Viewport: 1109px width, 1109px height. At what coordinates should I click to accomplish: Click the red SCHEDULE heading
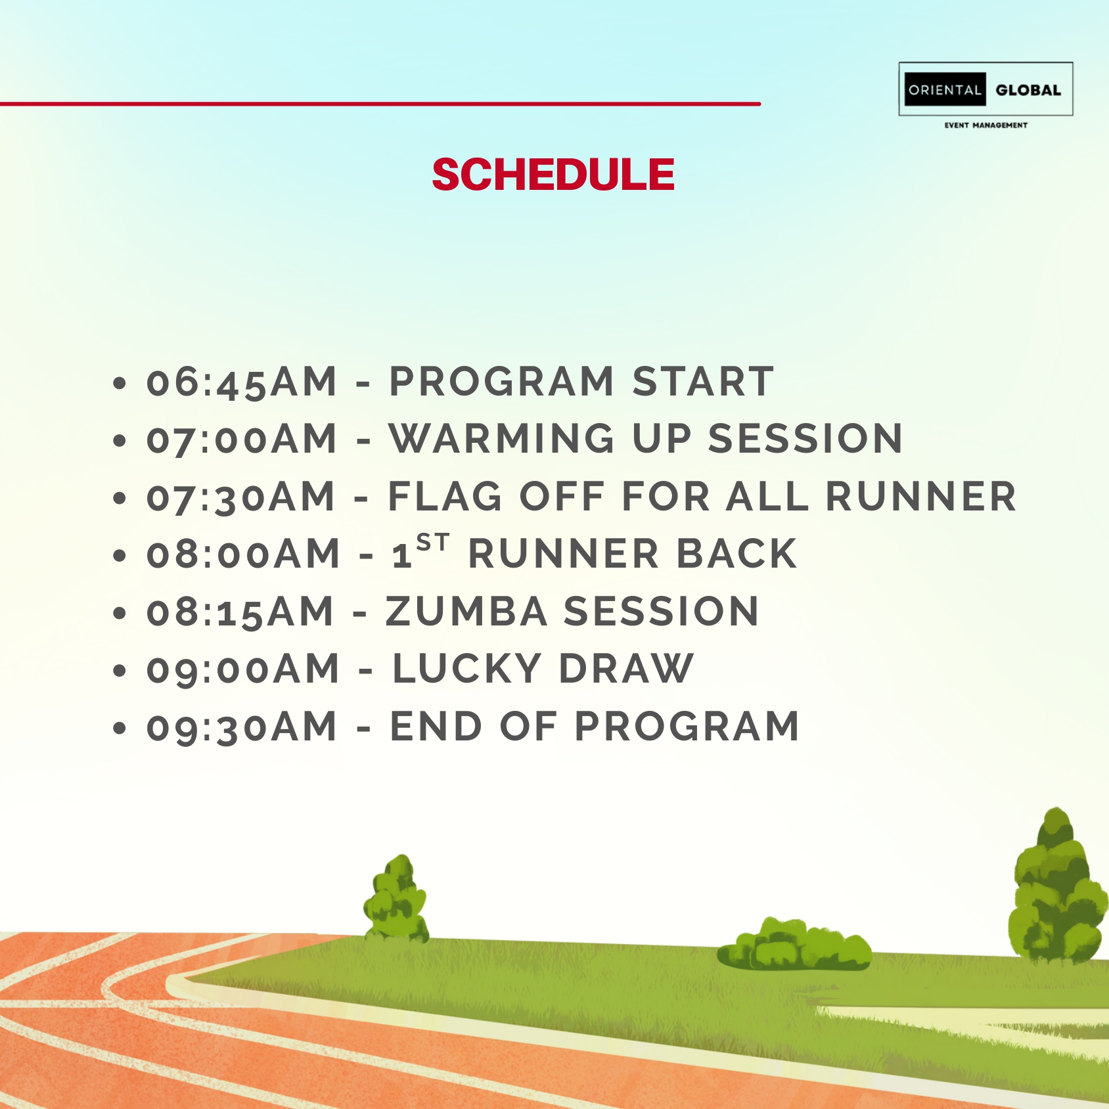pyautogui.click(x=553, y=175)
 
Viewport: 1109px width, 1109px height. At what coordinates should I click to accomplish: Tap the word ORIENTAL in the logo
pyautogui.click(x=945, y=90)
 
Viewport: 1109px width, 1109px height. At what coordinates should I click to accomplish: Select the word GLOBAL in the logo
pyautogui.click(x=1028, y=90)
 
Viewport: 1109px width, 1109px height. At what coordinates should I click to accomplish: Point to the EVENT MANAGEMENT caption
pyautogui.click(x=985, y=125)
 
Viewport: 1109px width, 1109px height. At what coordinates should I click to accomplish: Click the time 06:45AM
pyautogui.click(x=241, y=382)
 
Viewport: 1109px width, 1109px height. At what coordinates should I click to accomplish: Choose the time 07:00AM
pyautogui.click(x=241, y=439)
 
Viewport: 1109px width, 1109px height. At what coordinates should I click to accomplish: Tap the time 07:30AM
pyautogui.click(x=240, y=497)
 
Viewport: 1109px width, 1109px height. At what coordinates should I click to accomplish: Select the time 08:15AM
pyautogui.click(x=240, y=612)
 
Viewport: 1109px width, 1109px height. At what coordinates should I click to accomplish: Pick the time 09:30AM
pyautogui.click(x=241, y=727)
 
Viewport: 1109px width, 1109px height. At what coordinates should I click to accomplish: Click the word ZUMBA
pyautogui.click(x=466, y=612)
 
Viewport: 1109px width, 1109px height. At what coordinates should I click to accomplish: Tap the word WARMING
pyautogui.click(x=502, y=439)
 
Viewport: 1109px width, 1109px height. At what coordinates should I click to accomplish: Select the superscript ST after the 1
pyautogui.click(x=433, y=542)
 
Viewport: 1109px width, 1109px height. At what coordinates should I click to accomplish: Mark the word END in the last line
pyautogui.click(x=436, y=727)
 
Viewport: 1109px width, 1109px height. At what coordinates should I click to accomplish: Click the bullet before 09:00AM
pyautogui.click(x=119, y=671)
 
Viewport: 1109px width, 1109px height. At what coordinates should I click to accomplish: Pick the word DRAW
pyautogui.click(x=626, y=669)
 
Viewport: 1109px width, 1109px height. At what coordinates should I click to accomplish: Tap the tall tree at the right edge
pyautogui.click(x=1058, y=887)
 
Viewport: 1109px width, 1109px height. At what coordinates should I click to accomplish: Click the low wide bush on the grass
pyautogui.click(x=794, y=945)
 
